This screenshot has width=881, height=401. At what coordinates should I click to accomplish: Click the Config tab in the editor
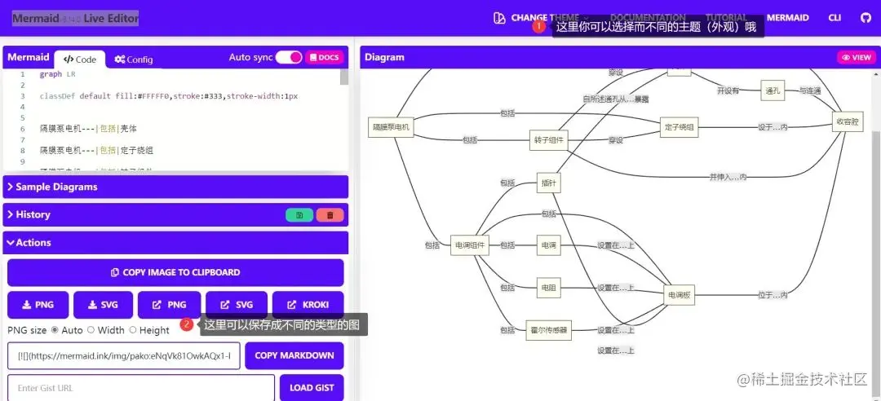click(x=134, y=59)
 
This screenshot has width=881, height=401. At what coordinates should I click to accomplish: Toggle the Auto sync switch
click(x=289, y=57)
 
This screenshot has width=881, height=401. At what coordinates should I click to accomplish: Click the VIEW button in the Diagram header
click(x=857, y=58)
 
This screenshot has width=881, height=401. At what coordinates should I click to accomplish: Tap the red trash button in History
click(x=330, y=215)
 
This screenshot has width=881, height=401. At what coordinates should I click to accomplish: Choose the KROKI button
click(x=308, y=305)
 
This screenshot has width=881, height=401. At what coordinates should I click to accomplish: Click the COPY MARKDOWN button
click(x=294, y=355)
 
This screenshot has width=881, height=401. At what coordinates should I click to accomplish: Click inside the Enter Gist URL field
click(x=141, y=388)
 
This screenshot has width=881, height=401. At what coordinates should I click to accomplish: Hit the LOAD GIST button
click(x=312, y=388)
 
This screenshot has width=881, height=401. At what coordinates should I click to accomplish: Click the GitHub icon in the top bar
click(x=866, y=18)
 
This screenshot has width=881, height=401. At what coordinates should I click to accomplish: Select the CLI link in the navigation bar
click(x=835, y=18)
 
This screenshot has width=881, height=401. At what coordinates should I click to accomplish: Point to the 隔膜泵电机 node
click(x=391, y=126)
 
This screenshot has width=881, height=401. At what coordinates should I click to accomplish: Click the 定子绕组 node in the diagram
click(x=680, y=126)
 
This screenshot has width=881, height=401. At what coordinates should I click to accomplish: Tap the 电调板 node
click(x=680, y=296)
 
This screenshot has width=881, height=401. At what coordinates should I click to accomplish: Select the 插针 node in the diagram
click(x=549, y=183)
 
